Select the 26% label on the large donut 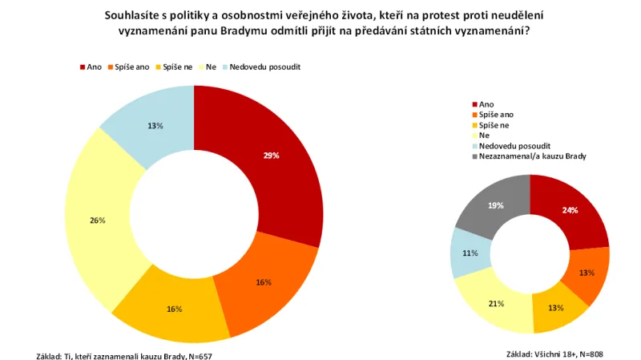coord(98,220)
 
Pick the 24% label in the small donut coord(570,210)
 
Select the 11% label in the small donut coord(470,253)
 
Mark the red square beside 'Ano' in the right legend coord(474,104)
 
